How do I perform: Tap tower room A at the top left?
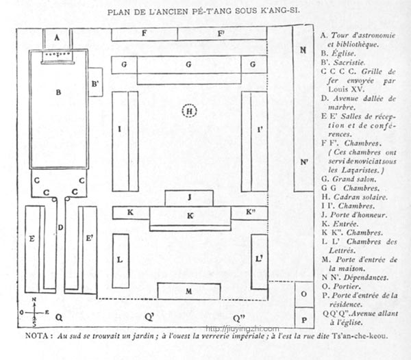click(58, 38)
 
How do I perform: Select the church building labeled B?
click(59, 110)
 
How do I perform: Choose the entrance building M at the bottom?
click(188, 291)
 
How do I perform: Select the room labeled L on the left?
click(121, 260)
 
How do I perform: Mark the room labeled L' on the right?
click(258, 260)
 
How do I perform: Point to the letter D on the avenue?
click(60, 227)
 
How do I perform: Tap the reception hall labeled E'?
click(88, 240)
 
